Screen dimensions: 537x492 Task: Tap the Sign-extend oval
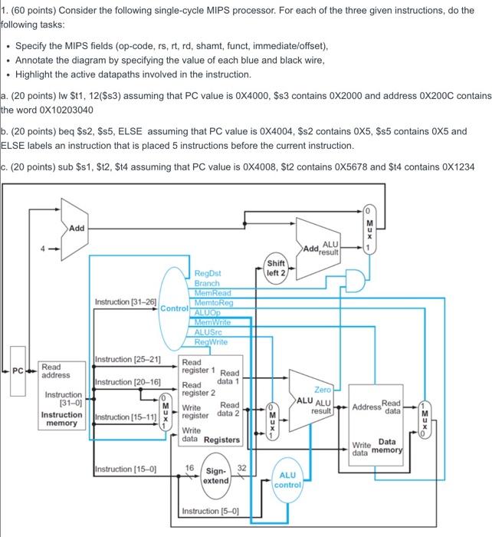pos(216,475)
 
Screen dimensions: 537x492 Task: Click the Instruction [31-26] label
pos(125,303)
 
